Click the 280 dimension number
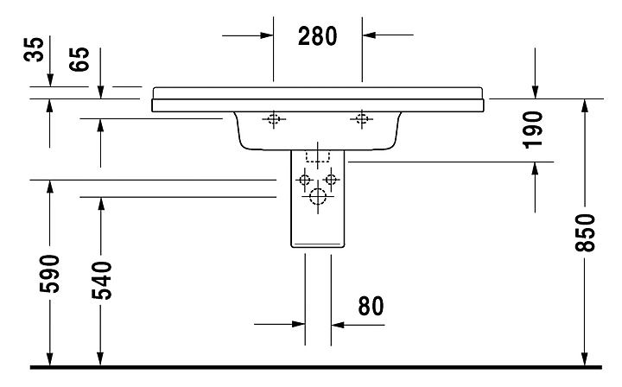(317, 35)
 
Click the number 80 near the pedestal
(370, 305)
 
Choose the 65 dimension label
(79, 62)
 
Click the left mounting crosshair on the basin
(274, 120)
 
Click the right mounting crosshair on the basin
(361, 120)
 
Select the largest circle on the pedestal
(317, 198)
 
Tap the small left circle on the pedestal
(303, 180)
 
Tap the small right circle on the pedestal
(331, 180)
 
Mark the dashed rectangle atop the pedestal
(318, 156)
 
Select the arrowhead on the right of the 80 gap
(339, 325)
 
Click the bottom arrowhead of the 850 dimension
(586, 356)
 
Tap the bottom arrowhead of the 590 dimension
(50, 356)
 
